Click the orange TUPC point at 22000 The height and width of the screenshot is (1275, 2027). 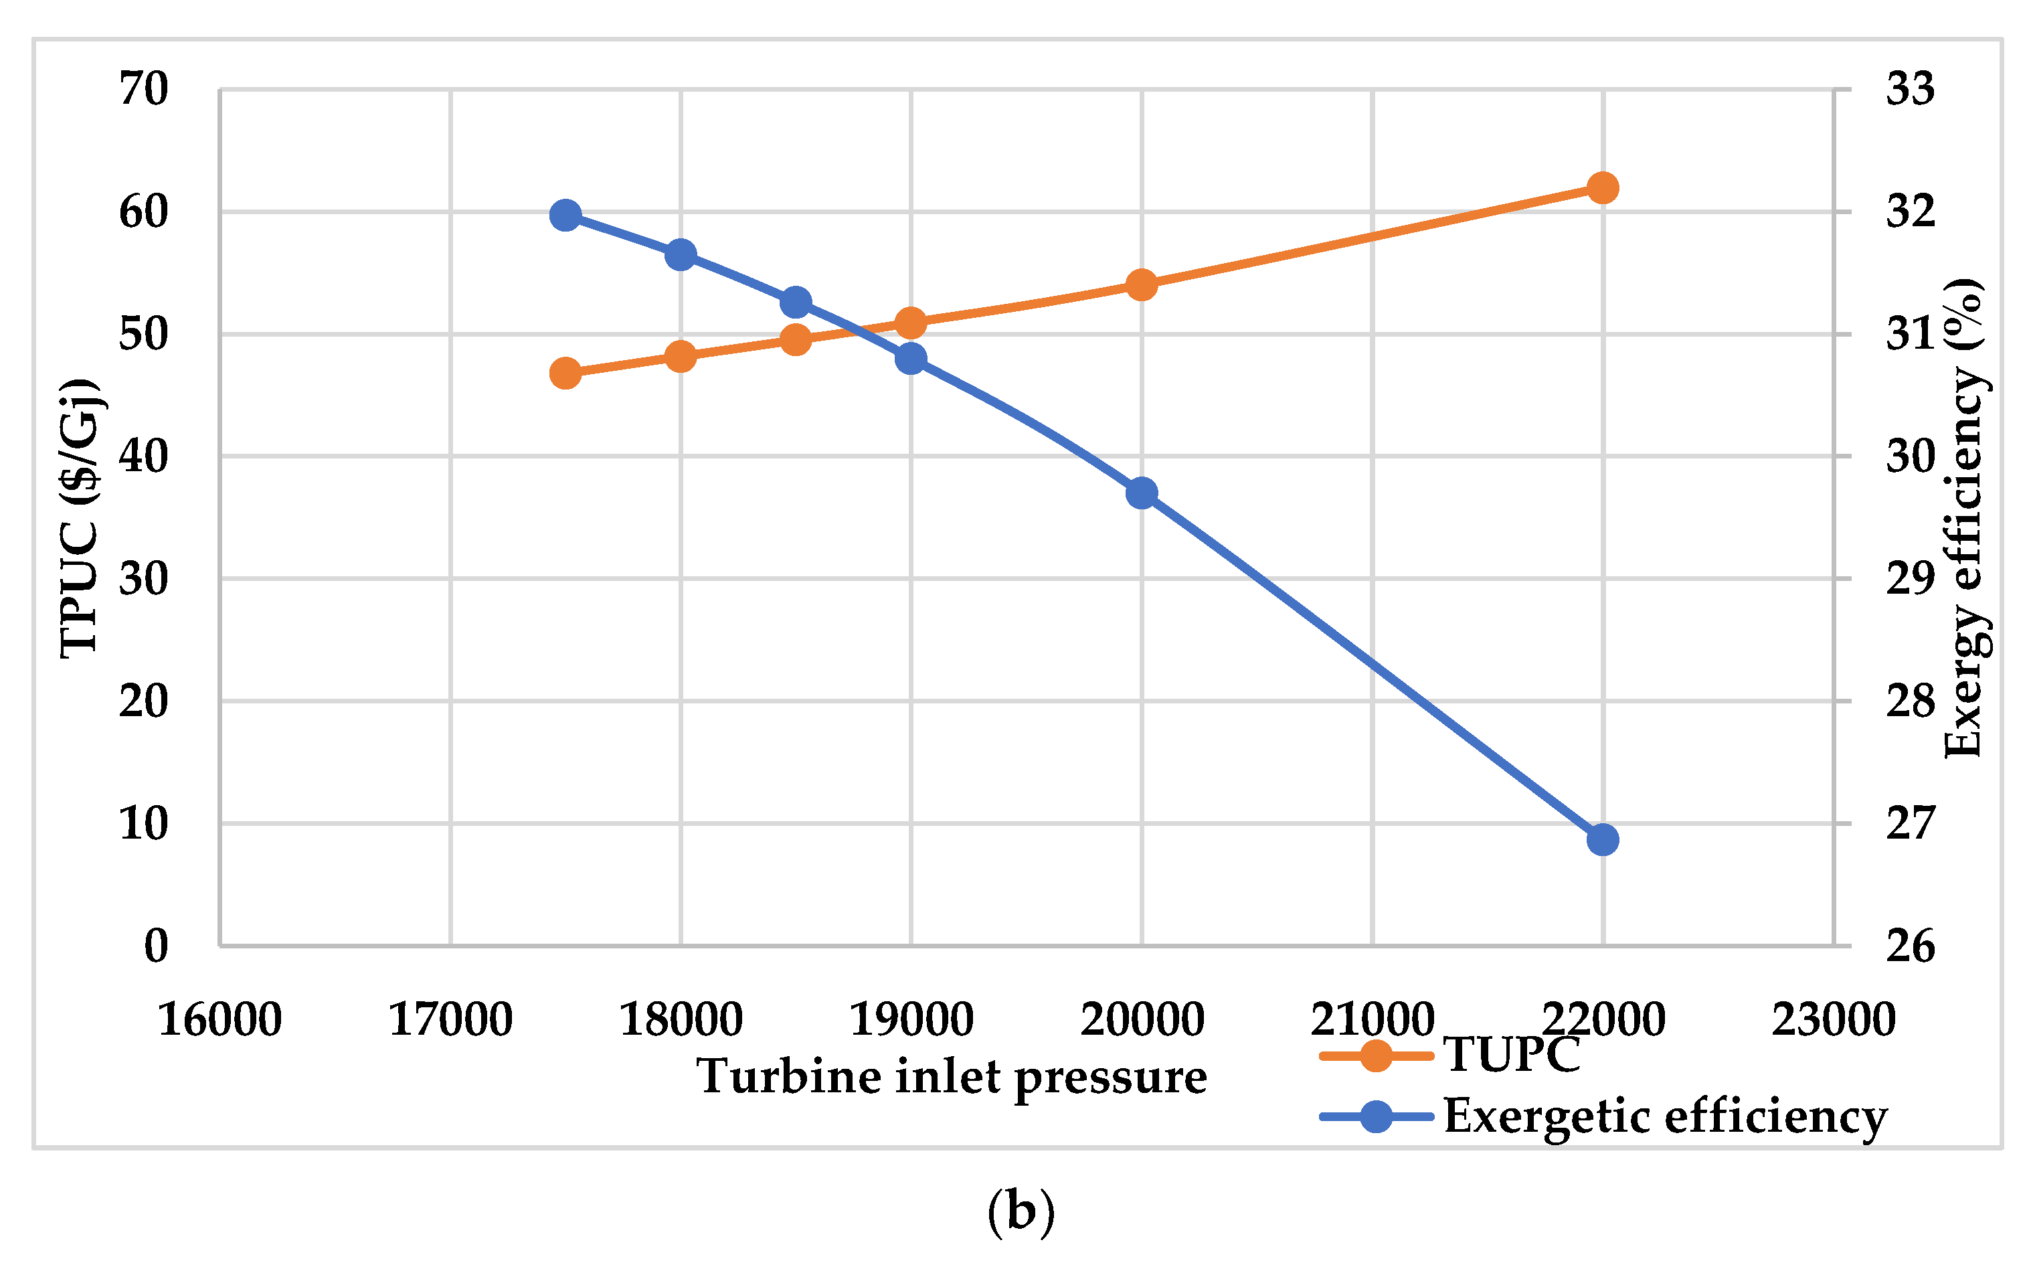coord(1602,188)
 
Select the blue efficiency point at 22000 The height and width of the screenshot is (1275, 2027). coord(1602,839)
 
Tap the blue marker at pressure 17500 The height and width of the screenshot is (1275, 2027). coord(565,216)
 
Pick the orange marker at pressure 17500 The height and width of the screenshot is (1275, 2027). coord(565,373)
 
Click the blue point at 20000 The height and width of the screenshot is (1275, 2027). coord(1142,493)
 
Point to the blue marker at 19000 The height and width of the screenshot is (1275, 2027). coord(911,359)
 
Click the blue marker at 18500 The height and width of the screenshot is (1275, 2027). coord(796,303)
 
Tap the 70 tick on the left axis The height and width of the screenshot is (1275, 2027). coord(144,89)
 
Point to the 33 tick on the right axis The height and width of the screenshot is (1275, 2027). coord(1910,89)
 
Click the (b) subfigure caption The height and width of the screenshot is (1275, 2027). coord(1021,1212)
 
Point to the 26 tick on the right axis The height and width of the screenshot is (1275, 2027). coord(1910,946)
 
